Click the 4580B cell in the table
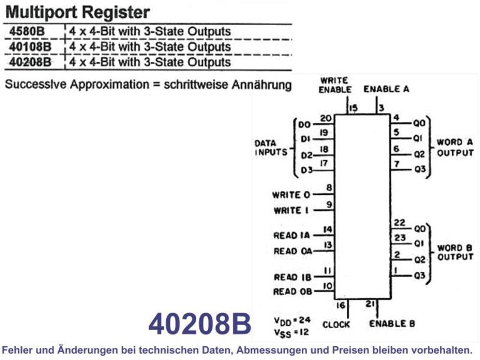27,31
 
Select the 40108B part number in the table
30,47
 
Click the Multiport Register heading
78,12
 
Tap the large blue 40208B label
200,323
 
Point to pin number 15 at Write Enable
353,108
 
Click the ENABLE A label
386,89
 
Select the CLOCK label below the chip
336,325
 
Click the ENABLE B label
392,323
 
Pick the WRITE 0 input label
291,195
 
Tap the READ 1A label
292,235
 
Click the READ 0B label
293,292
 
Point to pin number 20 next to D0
326,118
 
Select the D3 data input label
307,170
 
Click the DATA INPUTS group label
271,148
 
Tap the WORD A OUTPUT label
455,148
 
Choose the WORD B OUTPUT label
455,252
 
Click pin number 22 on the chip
400,222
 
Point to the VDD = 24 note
292,321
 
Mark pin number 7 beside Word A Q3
397,164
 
